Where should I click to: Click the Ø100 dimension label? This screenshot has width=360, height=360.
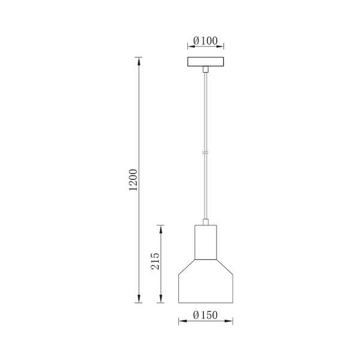(205, 41)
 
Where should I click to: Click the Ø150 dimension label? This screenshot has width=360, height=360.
(205, 315)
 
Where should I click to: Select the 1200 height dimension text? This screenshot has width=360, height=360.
(133, 180)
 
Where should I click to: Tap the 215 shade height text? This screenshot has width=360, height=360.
(155, 261)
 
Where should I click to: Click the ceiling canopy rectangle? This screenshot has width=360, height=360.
(205, 62)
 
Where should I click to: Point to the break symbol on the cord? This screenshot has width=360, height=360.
(206, 152)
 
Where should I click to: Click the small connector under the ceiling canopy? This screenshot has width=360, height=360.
(206, 70)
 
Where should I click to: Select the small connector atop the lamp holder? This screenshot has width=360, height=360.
(206, 222)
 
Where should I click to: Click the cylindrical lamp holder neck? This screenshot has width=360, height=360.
(205, 242)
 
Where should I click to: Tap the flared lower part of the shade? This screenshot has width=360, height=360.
(205, 281)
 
